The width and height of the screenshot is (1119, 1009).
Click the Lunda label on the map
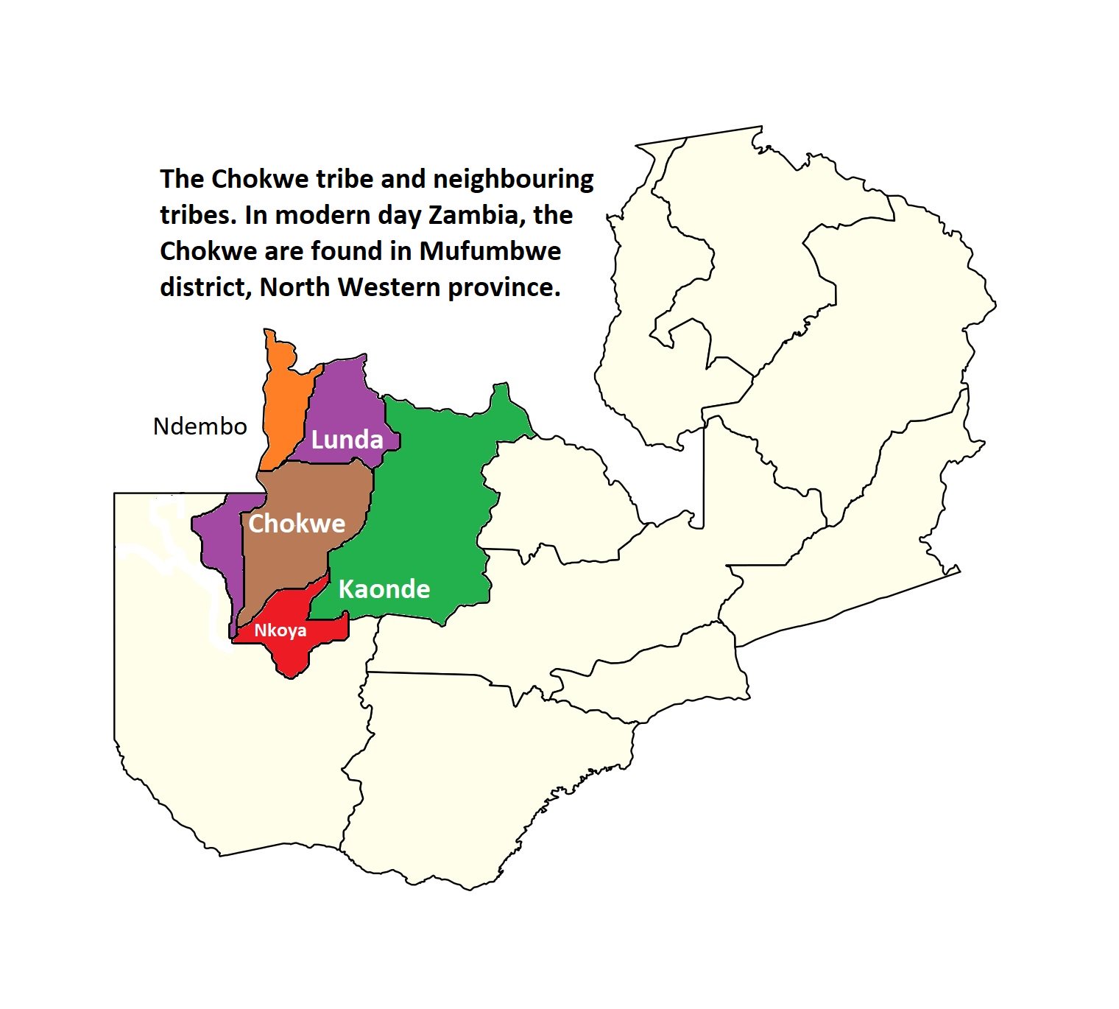347,440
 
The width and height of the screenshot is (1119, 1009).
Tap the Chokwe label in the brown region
297,524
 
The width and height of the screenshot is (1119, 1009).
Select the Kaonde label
384,589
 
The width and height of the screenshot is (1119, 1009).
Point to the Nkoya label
280,630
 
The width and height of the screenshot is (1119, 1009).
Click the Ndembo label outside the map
200,426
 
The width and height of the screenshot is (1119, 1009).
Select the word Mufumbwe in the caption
490,251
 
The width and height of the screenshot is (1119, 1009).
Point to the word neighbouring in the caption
513,179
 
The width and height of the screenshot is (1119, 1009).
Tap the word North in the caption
296,287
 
